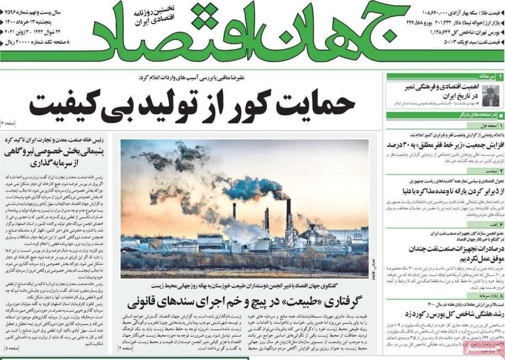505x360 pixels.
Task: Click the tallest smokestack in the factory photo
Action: point(289,217)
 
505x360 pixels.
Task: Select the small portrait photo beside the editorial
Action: point(491,95)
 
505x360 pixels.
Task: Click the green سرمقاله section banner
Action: point(444,76)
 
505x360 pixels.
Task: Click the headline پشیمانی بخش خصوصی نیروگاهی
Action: point(57,152)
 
